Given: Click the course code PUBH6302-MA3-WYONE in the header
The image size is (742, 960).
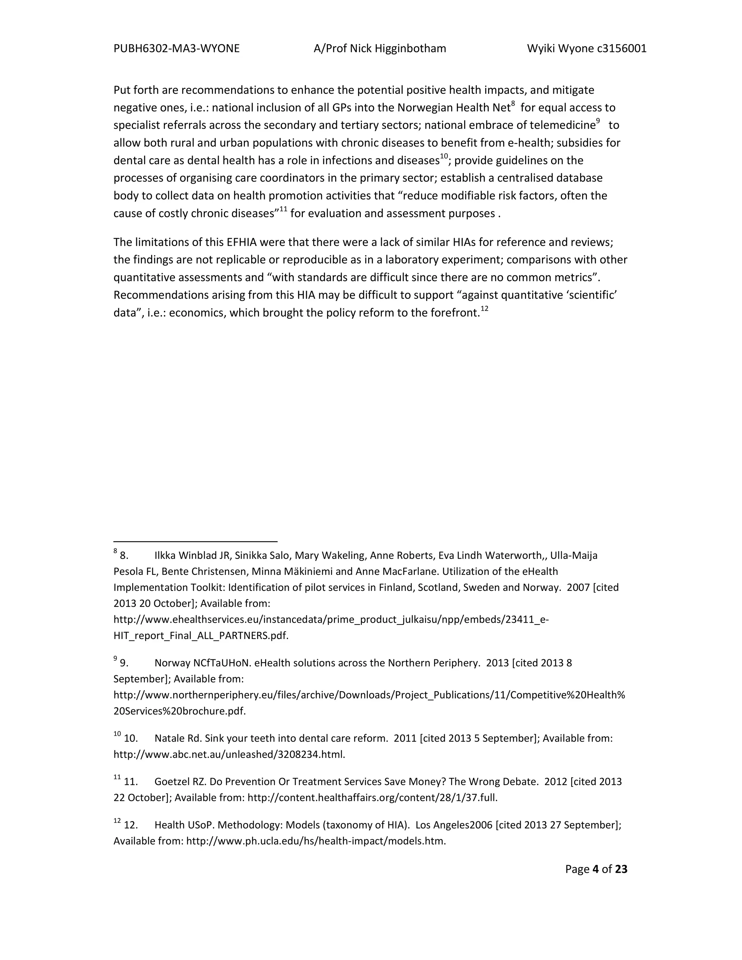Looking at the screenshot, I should (176, 48).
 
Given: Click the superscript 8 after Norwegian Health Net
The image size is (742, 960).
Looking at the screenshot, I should (513, 104).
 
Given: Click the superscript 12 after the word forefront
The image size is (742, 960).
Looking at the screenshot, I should (484, 309).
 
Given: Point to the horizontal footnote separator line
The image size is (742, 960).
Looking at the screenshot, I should (195, 542).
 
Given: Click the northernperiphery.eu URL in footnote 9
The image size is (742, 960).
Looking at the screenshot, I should (369, 695).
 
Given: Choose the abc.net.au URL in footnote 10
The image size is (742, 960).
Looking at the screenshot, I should (229, 755).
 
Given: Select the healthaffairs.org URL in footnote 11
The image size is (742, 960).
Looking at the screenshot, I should (372, 798).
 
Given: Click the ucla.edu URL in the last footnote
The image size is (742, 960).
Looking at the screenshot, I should (316, 841).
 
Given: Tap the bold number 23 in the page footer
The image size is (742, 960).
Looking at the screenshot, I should (621, 869).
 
